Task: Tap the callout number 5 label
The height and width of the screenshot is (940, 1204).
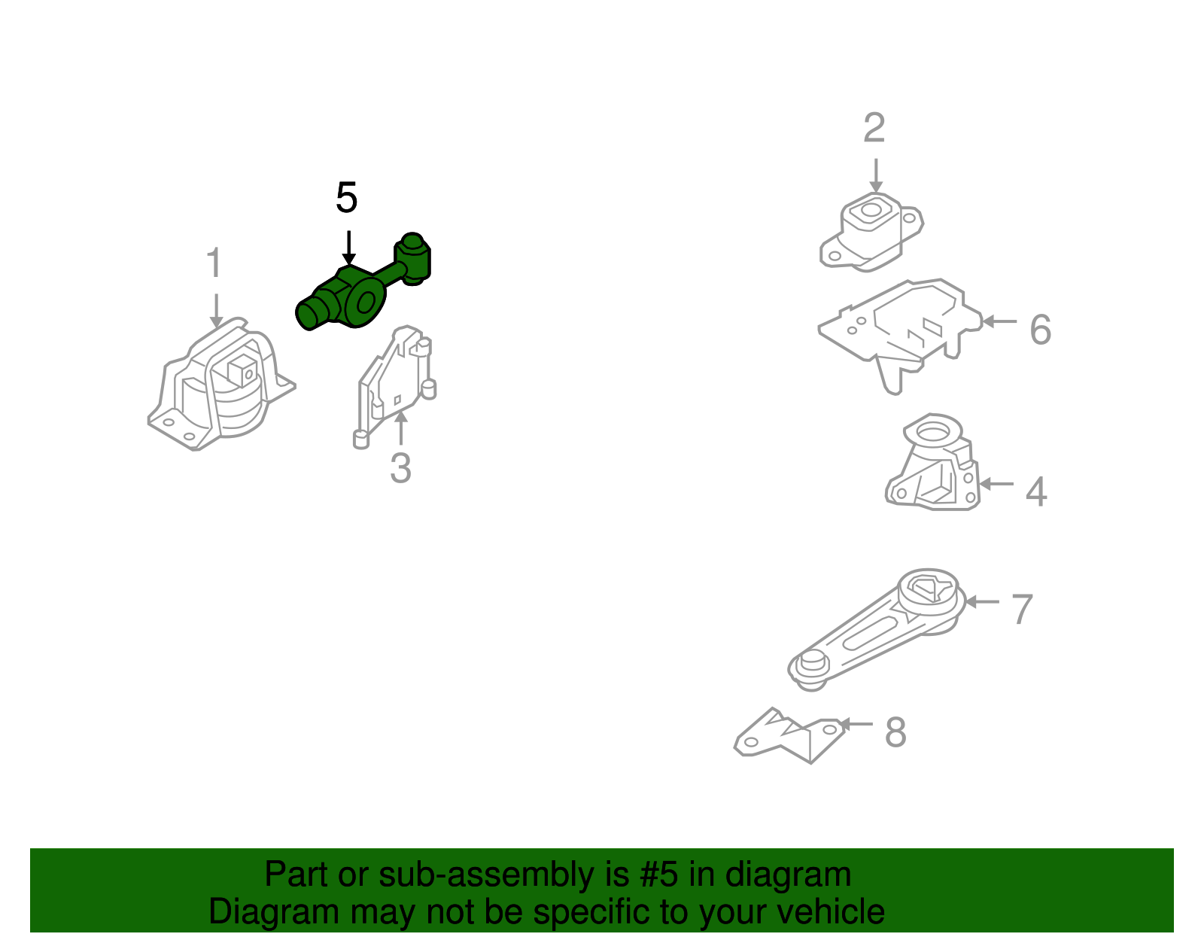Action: (x=347, y=198)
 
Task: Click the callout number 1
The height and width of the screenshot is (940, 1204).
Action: (x=214, y=263)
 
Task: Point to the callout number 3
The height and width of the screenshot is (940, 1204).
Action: (x=400, y=468)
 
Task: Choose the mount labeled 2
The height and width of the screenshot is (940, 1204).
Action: (x=871, y=232)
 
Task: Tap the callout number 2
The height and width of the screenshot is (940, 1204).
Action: (x=874, y=128)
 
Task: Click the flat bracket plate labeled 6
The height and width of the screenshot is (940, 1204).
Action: (x=901, y=335)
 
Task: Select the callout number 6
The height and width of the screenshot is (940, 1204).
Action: (x=1041, y=329)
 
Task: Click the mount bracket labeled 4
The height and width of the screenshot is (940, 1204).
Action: (x=933, y=462)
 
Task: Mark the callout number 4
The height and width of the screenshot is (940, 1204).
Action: (x=1036, y=491)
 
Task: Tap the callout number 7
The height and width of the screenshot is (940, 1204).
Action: (x=1022, y=610)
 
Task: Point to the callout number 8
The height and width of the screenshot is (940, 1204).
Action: (x=896, y=732)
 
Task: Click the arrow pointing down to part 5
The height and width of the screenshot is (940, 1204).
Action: (x=348, y=248)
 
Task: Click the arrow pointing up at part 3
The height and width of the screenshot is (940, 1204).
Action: (x=400, y=428)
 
